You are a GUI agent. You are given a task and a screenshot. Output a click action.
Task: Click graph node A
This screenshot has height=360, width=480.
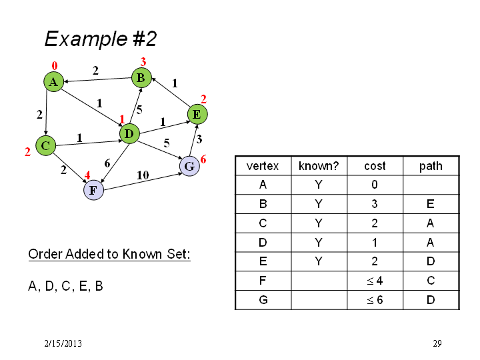pos(53,82)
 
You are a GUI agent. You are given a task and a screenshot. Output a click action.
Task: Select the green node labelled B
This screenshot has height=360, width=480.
pos(141,78)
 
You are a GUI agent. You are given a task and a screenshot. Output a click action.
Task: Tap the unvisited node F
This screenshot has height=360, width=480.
pos(93,190)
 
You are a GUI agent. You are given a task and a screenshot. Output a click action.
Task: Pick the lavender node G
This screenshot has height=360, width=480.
pos(189,166)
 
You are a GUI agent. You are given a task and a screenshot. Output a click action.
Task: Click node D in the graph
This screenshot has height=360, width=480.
pos(129,134)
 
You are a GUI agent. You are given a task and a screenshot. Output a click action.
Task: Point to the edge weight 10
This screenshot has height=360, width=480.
pos(143,175)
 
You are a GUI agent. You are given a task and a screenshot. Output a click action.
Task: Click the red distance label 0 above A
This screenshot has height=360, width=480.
pos(55,66)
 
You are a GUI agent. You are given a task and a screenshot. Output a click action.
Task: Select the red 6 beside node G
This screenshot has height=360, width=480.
pos(203,159)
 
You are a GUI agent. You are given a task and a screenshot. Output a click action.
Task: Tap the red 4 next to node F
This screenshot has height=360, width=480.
pos(87,175)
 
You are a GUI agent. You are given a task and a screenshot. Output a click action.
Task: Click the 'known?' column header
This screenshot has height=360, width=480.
pos(319,166)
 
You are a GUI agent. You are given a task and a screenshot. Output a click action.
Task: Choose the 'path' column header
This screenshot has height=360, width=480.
pos(431,166)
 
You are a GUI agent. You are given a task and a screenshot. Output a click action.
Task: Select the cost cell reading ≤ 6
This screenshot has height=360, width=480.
pos(375,300)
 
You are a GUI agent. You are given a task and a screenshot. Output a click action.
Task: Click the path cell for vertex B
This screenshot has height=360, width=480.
pos(431,204)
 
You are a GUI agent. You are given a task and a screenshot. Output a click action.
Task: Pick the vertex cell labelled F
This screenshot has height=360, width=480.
pos(263,281)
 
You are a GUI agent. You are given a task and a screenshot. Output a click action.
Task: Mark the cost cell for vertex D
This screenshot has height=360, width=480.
pos(375,243)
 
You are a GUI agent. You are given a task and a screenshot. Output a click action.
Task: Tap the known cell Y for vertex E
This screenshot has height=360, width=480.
pos(319,261)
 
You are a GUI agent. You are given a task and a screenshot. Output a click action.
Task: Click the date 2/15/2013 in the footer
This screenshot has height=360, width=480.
pos(63,343)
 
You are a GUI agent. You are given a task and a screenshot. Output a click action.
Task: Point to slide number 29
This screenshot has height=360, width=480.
pos(437,343)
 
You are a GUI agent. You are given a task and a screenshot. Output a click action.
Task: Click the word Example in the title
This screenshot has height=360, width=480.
pos(86,39)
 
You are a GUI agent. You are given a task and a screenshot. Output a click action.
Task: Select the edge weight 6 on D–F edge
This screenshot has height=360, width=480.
pos(107,163)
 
